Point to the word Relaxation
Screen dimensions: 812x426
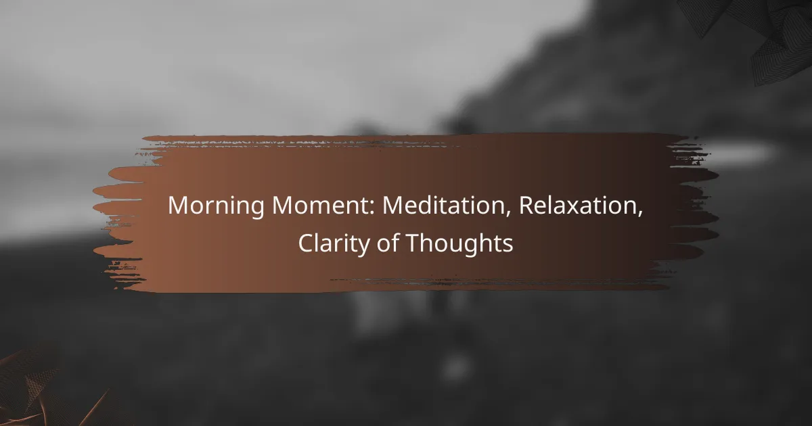[579, 206]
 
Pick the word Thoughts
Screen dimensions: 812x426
[460, 243]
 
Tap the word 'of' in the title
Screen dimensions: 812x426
[388, 243]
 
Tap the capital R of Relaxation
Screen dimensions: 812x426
[526, 206]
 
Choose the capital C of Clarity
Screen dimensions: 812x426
[306, 243]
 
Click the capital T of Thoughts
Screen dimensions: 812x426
[413, 243]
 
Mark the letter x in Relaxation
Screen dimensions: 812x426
[579, 208]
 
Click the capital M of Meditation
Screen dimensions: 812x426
[393, 206]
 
